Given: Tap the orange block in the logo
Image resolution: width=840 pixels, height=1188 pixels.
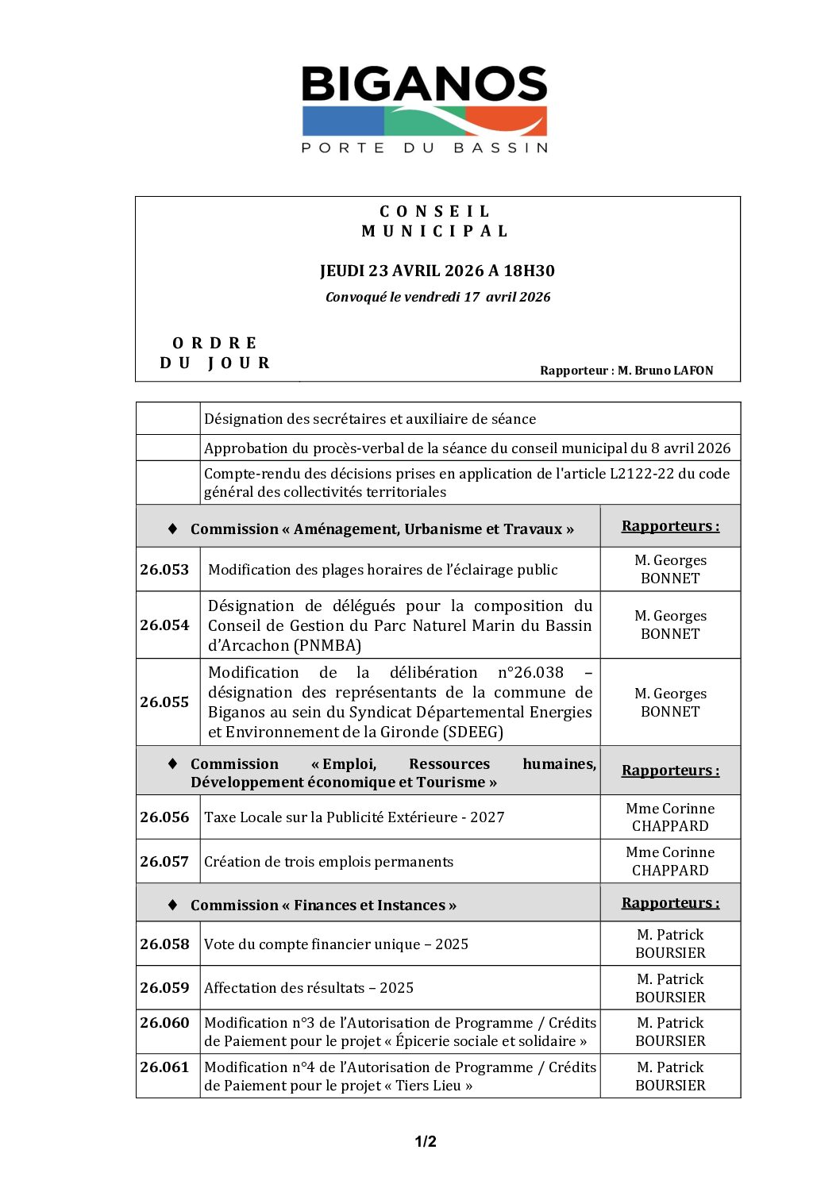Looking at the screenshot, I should (508, 121).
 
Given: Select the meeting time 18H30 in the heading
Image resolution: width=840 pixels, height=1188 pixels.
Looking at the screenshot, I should (529, 271).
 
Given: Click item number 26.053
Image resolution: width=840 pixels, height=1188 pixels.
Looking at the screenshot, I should (164, 569).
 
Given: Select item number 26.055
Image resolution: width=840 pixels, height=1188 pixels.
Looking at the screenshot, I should (164, 702).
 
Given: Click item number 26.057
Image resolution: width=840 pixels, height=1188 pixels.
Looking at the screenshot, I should (164, 861).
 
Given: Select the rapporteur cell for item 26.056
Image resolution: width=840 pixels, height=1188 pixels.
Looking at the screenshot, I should (670, 817).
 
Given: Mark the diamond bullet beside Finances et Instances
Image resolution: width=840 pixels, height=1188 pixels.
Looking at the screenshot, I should (172, 905).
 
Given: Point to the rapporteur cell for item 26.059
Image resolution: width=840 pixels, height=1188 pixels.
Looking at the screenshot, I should (670, 987).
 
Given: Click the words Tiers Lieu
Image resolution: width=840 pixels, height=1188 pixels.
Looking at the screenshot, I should (428, 1085).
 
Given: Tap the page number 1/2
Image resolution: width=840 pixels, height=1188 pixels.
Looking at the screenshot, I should (426, 1141).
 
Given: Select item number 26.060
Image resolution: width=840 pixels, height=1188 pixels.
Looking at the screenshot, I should (164, 1022).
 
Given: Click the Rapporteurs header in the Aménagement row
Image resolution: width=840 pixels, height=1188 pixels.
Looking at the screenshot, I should (670, 525).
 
